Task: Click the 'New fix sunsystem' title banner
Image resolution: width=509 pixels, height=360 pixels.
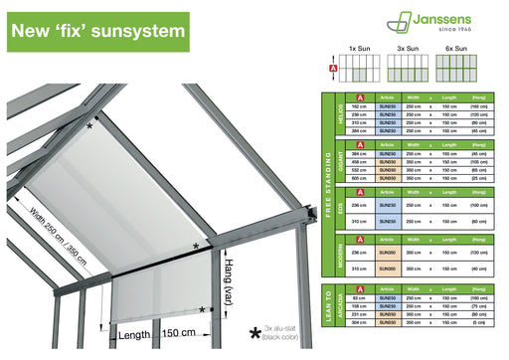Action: point(97,31)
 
